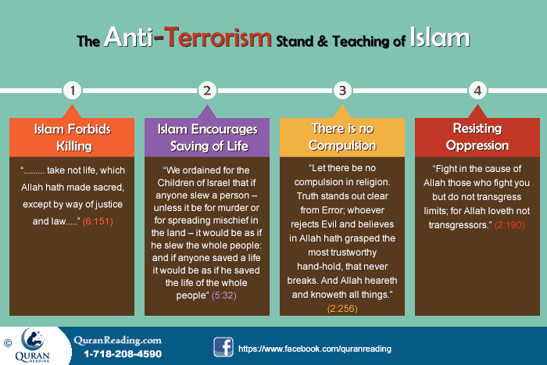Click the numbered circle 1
73,90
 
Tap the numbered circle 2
206,90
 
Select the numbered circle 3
341,90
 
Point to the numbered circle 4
475,90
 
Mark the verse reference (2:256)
341,310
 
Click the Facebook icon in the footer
222,347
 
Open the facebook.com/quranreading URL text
314,349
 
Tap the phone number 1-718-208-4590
123,353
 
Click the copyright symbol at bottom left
7,342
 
